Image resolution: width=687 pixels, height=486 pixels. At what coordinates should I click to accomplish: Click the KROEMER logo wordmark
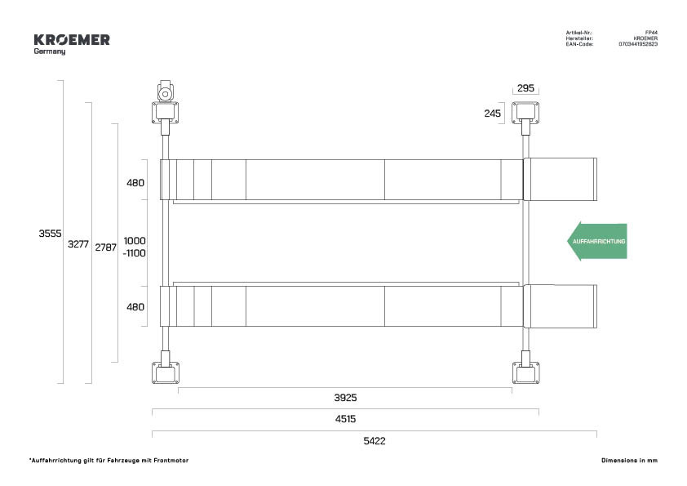pos(72,40)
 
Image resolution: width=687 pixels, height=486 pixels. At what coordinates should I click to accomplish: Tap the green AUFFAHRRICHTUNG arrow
pos(596,241)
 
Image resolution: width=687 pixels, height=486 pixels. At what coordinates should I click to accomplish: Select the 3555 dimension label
pos(50,234)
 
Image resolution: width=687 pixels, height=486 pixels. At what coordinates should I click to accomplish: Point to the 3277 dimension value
pos(78,244)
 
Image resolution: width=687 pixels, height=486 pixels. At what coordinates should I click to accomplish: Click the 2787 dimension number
pos(105,247)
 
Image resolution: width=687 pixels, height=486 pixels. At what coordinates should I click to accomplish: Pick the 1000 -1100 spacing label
pos(135,247)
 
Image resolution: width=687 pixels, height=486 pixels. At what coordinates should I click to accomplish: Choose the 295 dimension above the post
pos(525,88)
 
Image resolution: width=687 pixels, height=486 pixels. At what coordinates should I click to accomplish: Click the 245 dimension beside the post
pos(493,114)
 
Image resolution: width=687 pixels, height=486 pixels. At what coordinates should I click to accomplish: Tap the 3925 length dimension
pos(345,398)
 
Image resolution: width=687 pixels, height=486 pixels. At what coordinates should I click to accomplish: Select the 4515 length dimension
pos(345,419)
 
